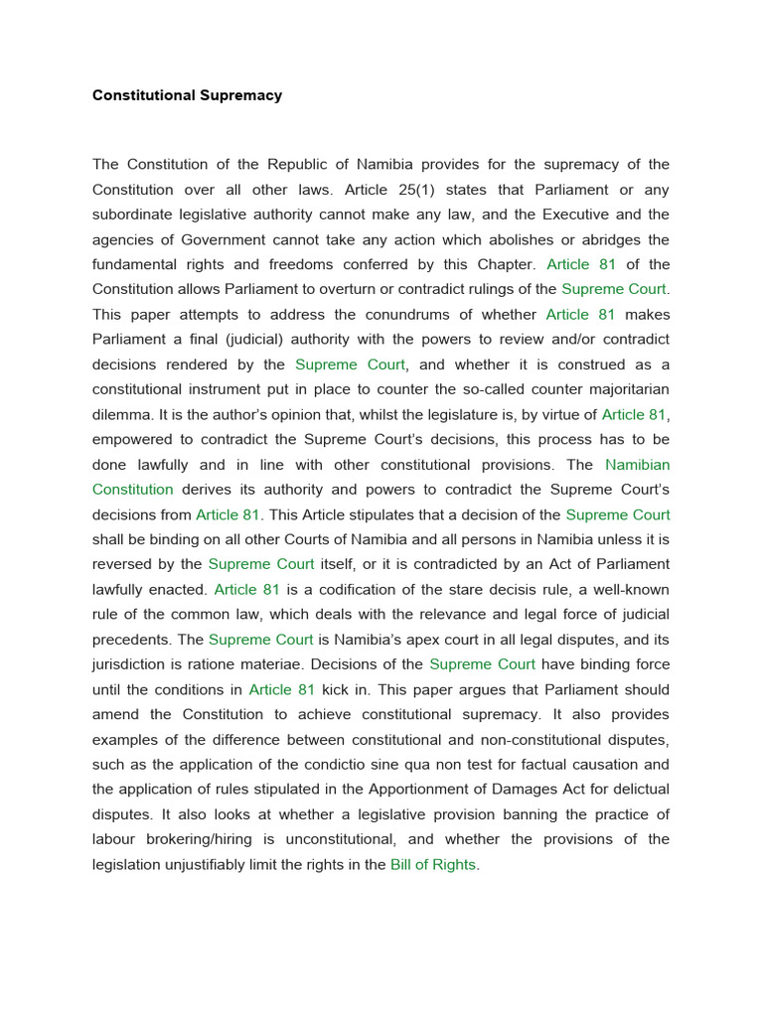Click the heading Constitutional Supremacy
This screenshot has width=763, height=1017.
(x=187, y=96)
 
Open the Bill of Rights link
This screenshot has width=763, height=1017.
(x=433, y=865)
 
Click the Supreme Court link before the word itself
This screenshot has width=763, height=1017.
(x=260, y=564)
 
